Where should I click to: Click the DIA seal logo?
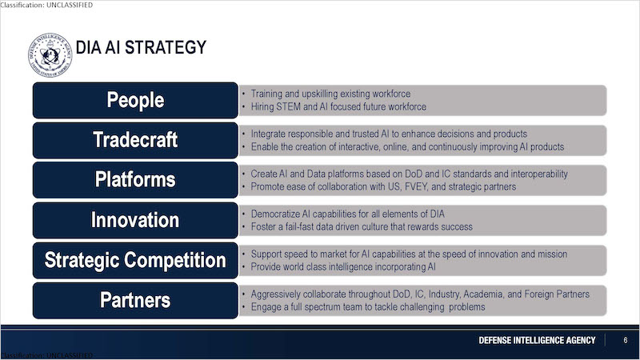pos(50,55)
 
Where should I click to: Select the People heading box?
pos(135,101)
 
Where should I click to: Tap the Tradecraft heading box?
pos(135,141)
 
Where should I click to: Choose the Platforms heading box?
pos(135,180)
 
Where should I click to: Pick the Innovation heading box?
pos(135,221)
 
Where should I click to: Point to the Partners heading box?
pos(135,301)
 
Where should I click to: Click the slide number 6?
pos(626,340)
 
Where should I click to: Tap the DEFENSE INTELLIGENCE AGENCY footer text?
pos(537,341)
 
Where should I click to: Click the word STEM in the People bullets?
pos(288,106)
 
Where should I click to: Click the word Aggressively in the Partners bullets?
pos(275,294)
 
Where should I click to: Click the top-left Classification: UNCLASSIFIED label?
pos(46,5)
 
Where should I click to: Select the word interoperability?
pos(538,174)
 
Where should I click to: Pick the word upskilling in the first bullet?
pos(319,94)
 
